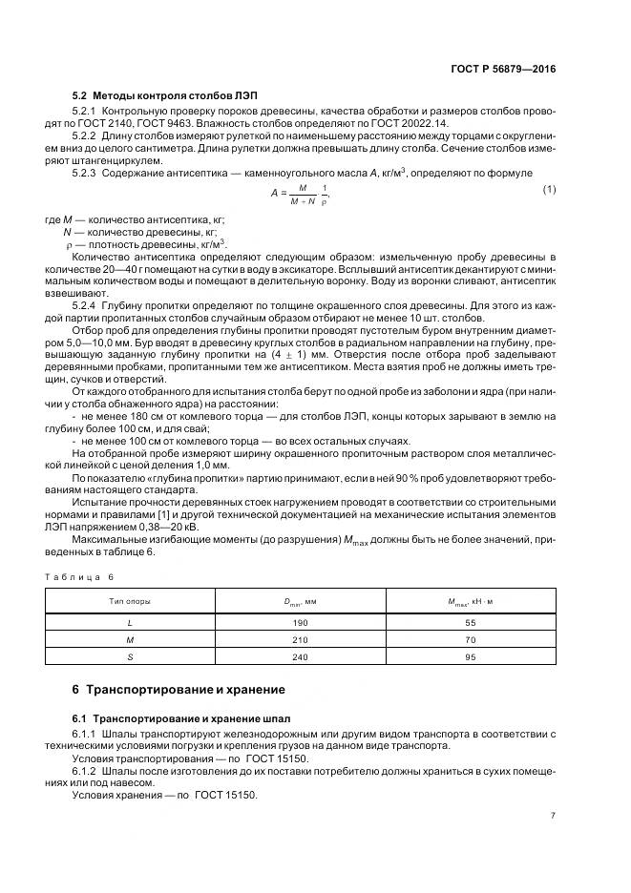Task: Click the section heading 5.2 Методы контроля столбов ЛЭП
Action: click(165, 97)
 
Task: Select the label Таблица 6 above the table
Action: click(81, 578)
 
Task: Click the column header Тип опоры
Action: click(130, 602)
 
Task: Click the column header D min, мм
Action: click(300, 602)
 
